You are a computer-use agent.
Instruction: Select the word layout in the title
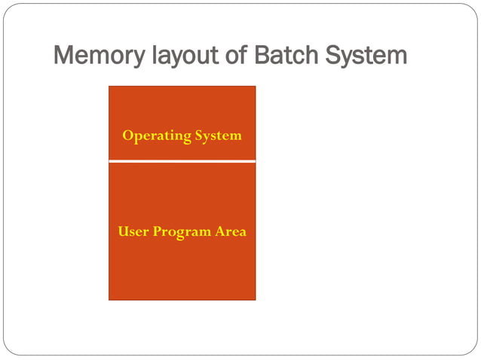coord(176,56)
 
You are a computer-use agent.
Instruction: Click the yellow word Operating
coord(157,136)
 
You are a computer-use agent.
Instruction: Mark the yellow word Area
coord(231,232)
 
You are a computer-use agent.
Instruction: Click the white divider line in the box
coord(182,161)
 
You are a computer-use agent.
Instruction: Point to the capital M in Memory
coord(64,56)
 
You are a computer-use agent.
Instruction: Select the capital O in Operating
coord(127,136)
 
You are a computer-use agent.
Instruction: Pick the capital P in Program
coord(158,232)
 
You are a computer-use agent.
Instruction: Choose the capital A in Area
coord(220,232)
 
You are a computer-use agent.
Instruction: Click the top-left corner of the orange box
coord(110,87)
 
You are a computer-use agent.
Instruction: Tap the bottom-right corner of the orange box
coord(255,299)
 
